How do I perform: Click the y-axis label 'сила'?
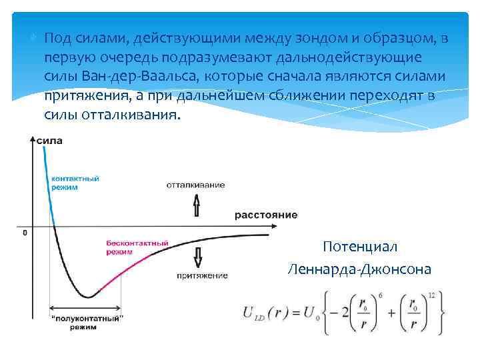click(x=51, y=141)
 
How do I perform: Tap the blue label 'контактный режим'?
click(x=75, y=183)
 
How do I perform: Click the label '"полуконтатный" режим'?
click(x=87, y=323)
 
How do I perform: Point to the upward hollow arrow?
click(x=197, y=205)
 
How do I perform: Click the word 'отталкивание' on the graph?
click(x=195, y=185)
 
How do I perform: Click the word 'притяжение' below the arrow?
click(x=202, y=275)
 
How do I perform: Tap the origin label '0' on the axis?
click(x=25, y=233)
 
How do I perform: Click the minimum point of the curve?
click(x=87, y=297)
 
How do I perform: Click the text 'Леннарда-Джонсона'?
click(x=359, y=269)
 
